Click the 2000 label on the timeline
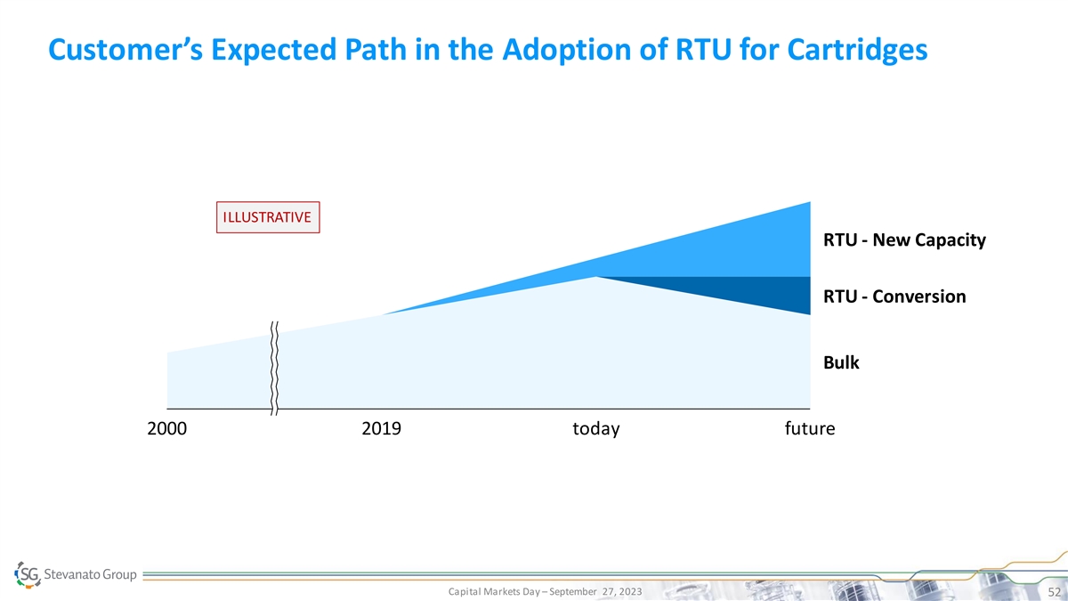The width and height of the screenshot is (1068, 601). click(166, 430)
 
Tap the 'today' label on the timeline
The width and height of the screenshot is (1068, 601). click(595, 430)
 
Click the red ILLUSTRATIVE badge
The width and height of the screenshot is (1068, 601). click(268, 217)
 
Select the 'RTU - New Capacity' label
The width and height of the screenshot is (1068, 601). click(904, 241)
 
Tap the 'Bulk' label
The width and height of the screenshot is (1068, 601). click(841, 362)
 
